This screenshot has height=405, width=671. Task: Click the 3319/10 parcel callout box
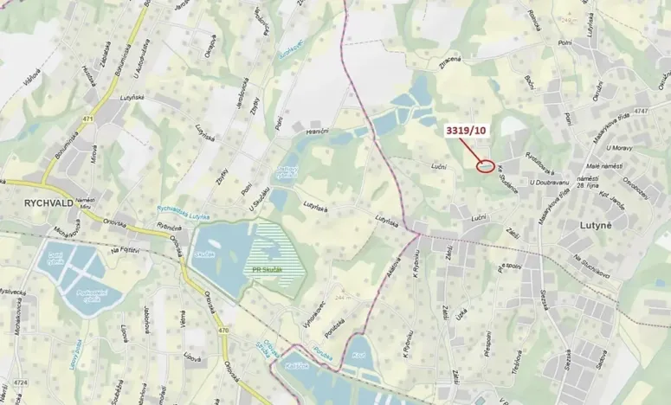[467, 131]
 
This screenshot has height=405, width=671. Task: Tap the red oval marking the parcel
[486, 165]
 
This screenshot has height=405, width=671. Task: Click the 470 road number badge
[223, 330]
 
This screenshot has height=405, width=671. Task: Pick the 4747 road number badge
[640, 112]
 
